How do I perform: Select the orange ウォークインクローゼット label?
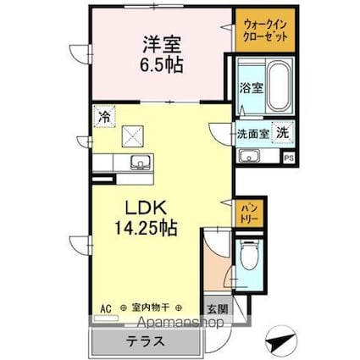(x=264, y=30)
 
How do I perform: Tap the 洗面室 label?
(x=252, y=132)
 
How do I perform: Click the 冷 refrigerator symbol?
(x=102, y=118)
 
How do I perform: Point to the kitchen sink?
(x=135, y=163)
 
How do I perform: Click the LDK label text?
(x=147, y=209)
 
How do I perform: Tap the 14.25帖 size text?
(x=147, y=227)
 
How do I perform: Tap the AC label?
(x=106, y=308)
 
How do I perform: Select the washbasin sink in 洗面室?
(x=250, y=155)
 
